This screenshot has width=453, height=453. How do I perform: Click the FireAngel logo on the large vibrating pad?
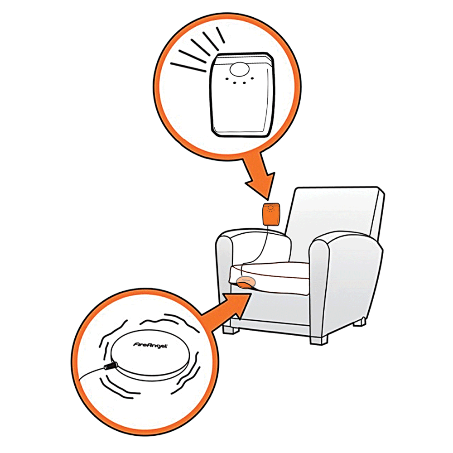coord(150,345)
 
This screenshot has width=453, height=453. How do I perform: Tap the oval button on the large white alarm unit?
coord(239,69)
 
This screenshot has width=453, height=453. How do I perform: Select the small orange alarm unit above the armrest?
coord(271,214)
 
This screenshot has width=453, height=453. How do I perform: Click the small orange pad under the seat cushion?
coord(246,282)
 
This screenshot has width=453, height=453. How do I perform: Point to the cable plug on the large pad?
coord(110,366)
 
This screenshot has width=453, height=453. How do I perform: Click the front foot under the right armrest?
coord(319,340)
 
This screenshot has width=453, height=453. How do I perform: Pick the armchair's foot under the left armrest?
coord(231,329)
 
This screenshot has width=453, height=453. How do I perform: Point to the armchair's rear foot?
coord(360,321)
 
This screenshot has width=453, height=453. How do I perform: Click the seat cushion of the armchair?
coord(270,277)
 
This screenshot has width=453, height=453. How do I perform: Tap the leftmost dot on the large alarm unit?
coord(227,78)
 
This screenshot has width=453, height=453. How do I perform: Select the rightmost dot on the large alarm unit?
coord(252,78)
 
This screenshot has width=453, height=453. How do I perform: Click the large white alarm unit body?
coord(242,95)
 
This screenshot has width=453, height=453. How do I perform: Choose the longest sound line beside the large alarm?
coord(188,67)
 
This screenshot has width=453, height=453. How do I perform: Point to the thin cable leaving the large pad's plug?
coord(91,373)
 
